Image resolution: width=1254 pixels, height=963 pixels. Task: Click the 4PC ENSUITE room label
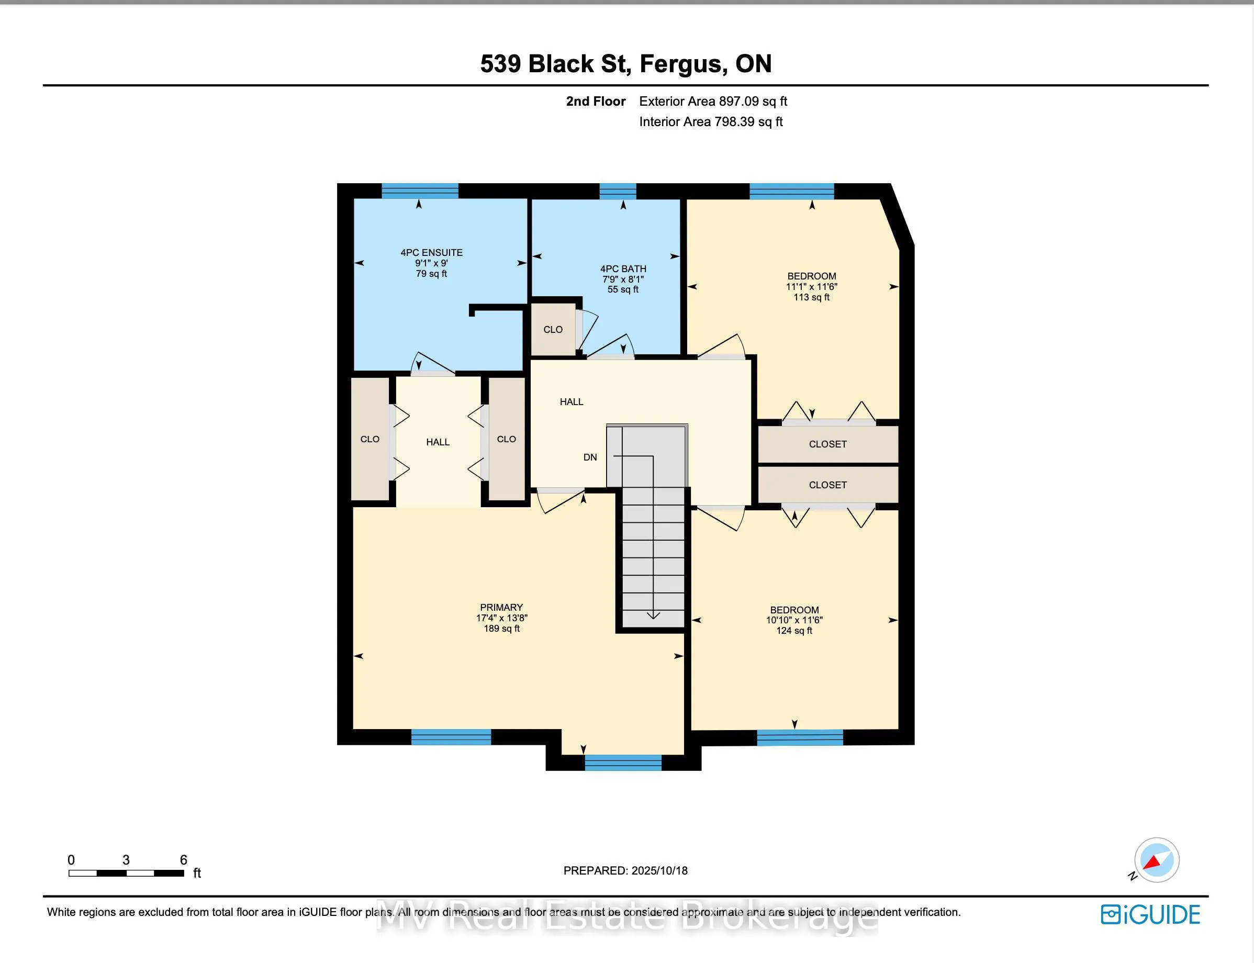tap(432, 252)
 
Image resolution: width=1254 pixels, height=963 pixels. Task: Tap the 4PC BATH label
tap(623, 269)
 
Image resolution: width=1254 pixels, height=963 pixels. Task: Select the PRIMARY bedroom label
tap(501, 607)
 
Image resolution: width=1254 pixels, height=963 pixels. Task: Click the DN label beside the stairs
tap(590, 457)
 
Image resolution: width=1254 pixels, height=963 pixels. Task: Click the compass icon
tap(1157, 860)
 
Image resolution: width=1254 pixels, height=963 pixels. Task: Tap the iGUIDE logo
tap(1150, 915)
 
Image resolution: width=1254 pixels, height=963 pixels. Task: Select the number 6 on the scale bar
tap(183, 860)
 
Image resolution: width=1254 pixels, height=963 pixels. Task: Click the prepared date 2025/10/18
tap(659, 871)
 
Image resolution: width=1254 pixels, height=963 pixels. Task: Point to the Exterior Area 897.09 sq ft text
tap(713, 102)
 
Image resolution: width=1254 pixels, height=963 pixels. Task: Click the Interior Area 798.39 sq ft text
tap(711, 121)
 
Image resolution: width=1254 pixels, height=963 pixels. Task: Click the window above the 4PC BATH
tap(618, 192)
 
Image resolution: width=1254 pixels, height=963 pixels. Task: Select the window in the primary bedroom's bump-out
tap(623, 763)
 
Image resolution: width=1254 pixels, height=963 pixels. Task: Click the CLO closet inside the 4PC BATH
tap(553, 330)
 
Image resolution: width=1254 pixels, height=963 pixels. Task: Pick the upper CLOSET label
tap(827, 444)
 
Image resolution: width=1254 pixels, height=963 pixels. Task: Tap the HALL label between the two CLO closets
tap(438, 442)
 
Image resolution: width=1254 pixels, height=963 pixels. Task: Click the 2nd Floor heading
tap(596, 102)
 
